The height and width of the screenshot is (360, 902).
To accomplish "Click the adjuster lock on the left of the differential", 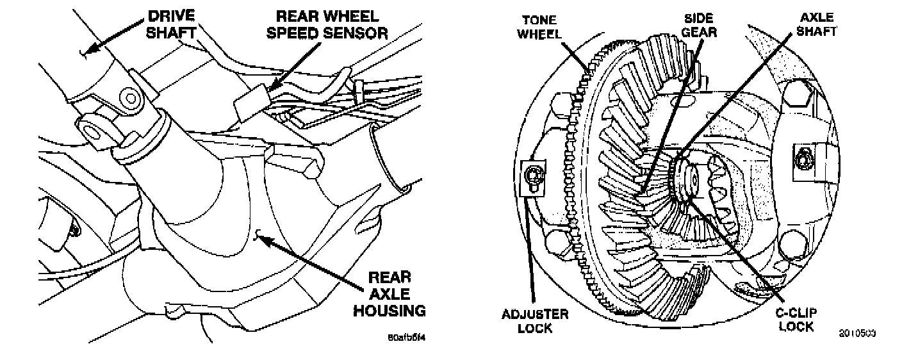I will pos(533,176).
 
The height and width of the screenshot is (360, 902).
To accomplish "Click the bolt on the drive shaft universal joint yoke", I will pos(131,99).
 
